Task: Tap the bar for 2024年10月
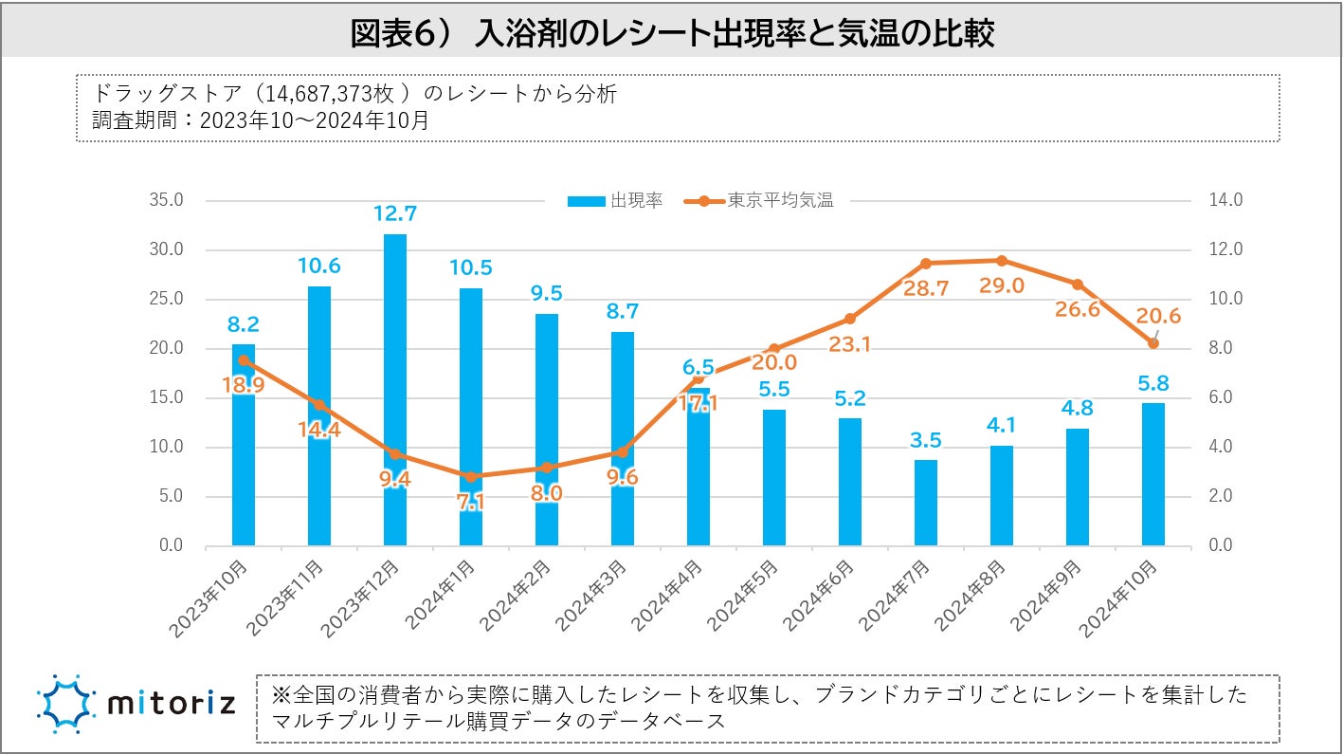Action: coord(1153,474)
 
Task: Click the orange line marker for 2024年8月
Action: coord(1002,261)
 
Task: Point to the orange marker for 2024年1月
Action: coord(471,476)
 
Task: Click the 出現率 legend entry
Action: coord(615,201)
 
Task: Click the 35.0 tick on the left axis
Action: coord(166,201)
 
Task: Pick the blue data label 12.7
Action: coord(395,214)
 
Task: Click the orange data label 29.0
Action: coord(1002,285)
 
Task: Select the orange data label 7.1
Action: coord(471,503)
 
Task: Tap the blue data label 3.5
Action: coord(926,440)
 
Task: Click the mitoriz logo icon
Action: coord(65,705)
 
